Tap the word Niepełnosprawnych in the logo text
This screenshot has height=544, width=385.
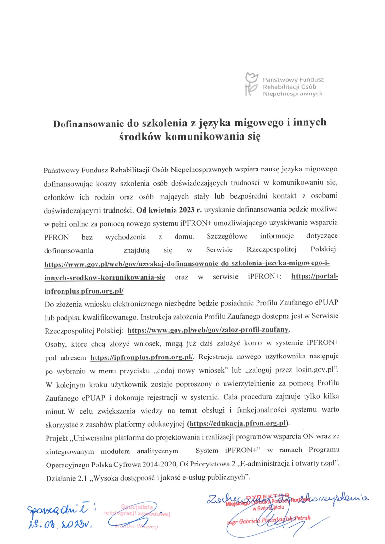[x=292, y=93]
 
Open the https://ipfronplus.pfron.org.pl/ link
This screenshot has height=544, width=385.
[x=143, y=357]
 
